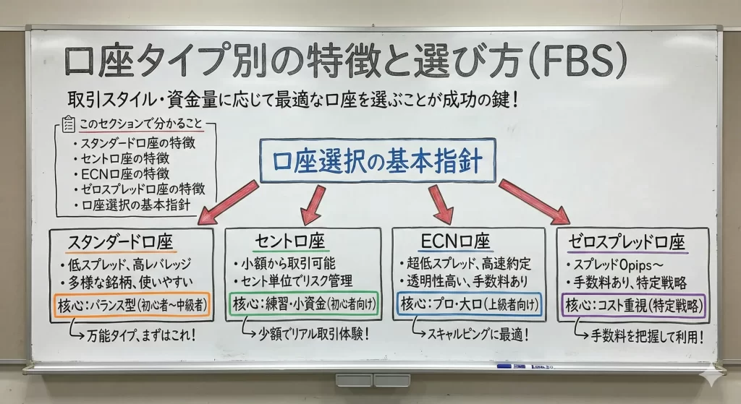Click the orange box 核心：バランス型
[131, 305]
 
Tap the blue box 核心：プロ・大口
[469, 305]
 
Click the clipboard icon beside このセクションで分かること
[69, 125]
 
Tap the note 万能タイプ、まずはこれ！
[138, 335]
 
